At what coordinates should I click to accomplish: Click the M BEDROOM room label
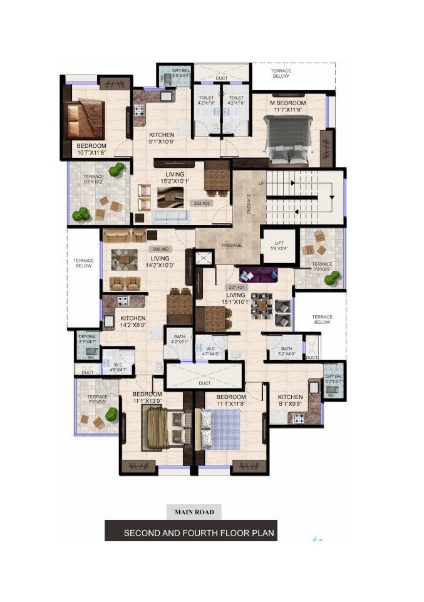tap(287, 106)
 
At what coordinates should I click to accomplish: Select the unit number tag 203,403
tap(202, 204)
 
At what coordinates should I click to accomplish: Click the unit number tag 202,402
tap(160, 249)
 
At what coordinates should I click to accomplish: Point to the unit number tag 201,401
tap(229, 288)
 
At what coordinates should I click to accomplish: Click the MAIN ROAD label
tap(194, 512)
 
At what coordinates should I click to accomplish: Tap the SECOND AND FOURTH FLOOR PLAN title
tap(190, 533)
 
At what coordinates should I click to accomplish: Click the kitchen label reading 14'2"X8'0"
tap(133, 321)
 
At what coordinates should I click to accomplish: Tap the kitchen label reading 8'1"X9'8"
tap(290, 400)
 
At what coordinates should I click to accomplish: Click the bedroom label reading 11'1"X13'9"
tap(147, 397)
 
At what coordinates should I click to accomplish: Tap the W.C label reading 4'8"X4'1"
tap(118, 366)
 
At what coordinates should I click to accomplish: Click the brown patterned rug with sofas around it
tap(125, 259)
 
